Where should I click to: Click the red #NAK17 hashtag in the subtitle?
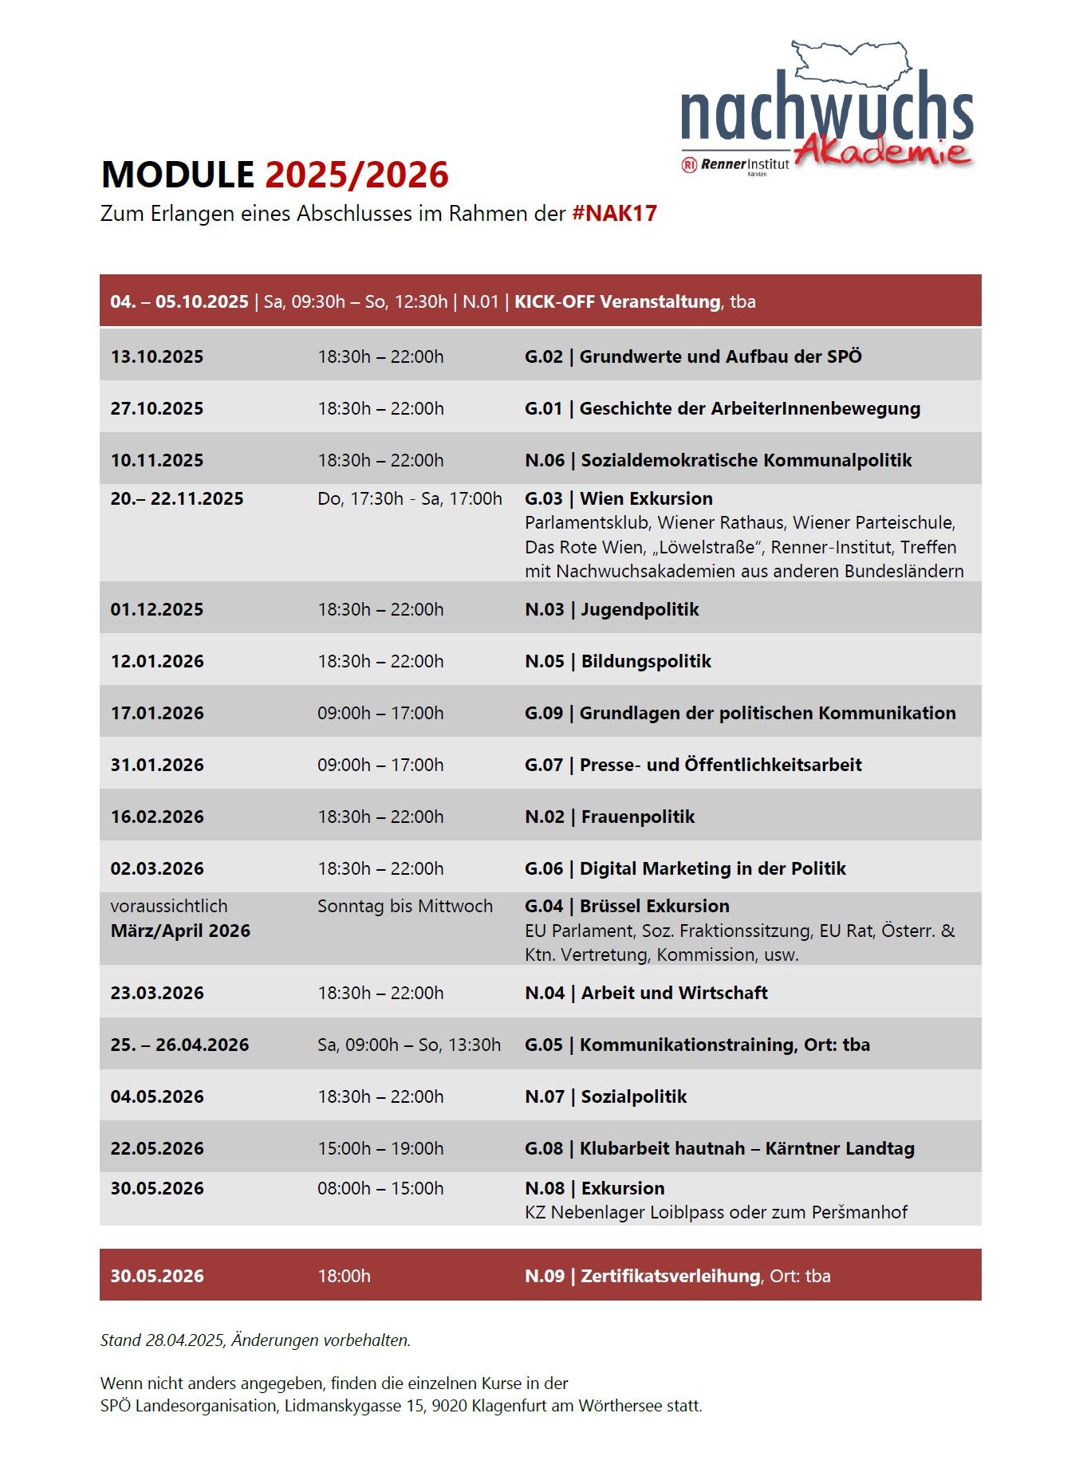point(614,214)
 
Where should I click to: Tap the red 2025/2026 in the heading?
point(356,175)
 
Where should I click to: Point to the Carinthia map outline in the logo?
point(851,62)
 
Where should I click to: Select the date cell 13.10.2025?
point(157,356)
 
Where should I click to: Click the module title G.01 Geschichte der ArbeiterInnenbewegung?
point(722,408)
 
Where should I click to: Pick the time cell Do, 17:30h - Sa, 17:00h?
point(410,498)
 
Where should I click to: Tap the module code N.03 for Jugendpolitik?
point(544,609)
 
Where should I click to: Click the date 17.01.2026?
point(157,713)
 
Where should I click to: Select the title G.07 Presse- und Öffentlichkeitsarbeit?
point(693,765)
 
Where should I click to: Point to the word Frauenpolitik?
point(638,817)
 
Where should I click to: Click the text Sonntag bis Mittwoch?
point(405,906)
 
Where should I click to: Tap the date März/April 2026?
point(180,931)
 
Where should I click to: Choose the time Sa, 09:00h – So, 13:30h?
point(409,1045)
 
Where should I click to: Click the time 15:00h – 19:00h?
point(380,1148)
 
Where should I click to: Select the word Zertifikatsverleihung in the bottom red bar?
point(670,1276)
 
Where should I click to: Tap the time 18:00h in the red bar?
point(344,1276)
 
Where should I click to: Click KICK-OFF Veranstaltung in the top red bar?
point(617,301)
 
